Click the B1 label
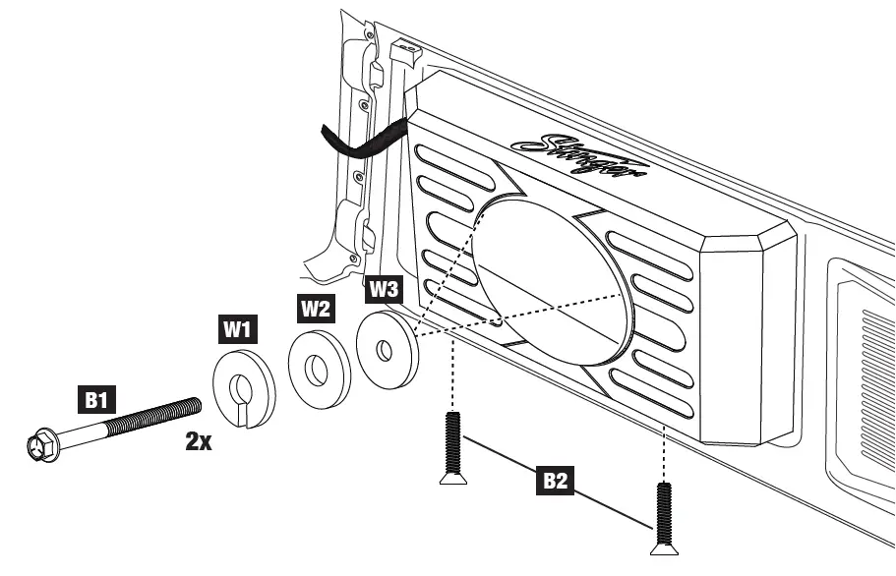[x=95, y=400]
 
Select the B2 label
[x=558, y=482]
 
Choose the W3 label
[x=384, y=290]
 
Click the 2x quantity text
[x=199, y=441]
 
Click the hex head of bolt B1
[x=42, y=448]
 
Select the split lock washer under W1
[x=244, y=389]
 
